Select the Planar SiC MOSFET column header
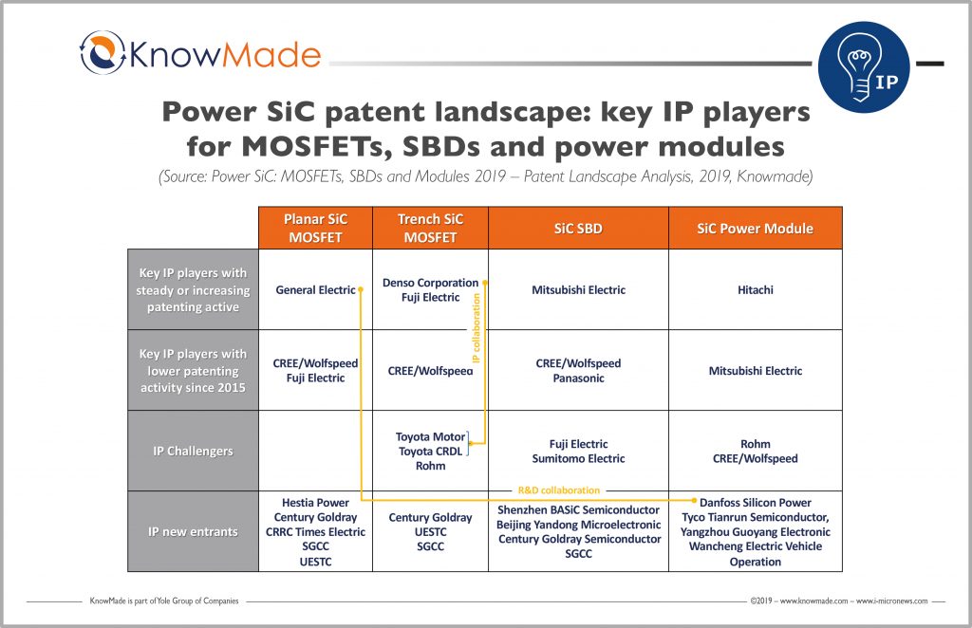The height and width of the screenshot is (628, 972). (315, 228)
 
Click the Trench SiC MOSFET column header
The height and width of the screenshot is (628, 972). (430, 228)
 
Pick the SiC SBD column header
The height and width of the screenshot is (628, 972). (578, 228)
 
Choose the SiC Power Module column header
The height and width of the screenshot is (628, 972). (755, 228)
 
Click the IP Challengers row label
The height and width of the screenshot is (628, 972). (193, 451)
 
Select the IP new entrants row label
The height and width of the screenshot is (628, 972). (193, 531)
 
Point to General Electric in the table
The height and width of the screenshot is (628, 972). (315, 290)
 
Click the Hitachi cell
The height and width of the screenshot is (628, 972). (755, 290)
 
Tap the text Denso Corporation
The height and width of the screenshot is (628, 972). (430, 283)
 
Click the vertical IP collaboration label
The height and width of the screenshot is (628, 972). (477, 327)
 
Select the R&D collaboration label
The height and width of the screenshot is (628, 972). (558, 490)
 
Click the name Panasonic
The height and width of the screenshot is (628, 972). (578, 379)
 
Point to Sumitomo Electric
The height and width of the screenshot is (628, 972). (578, 458)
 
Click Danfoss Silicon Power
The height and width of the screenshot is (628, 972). (756, 503)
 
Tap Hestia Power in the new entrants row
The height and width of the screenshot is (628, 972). (315, 503)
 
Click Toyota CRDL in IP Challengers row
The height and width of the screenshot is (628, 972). (430, 452)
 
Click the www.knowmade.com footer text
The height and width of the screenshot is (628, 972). (815, 601)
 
